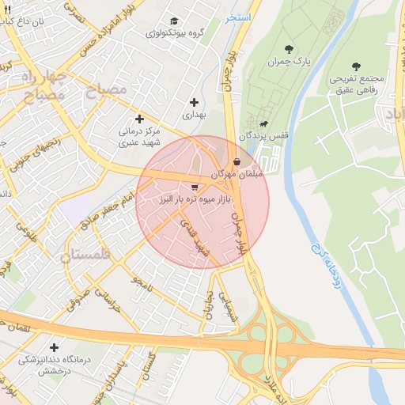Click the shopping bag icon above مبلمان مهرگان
pyautogui.click(x=237, y=161)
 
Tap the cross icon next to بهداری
pyautogui.click(x=195, y=102)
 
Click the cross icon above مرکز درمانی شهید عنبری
pyautogui.click(x=140, y=118)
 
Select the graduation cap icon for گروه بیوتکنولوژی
pyautogui.click(x=174, y=21)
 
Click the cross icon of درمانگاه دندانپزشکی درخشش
pyautogui.click(x=54, y=347)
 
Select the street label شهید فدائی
pyautogui.click(x=195, y=237)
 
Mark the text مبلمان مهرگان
pyautogui.click(x=235, y=172)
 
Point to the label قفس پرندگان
pyautogui.click(x=271, y=135)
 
